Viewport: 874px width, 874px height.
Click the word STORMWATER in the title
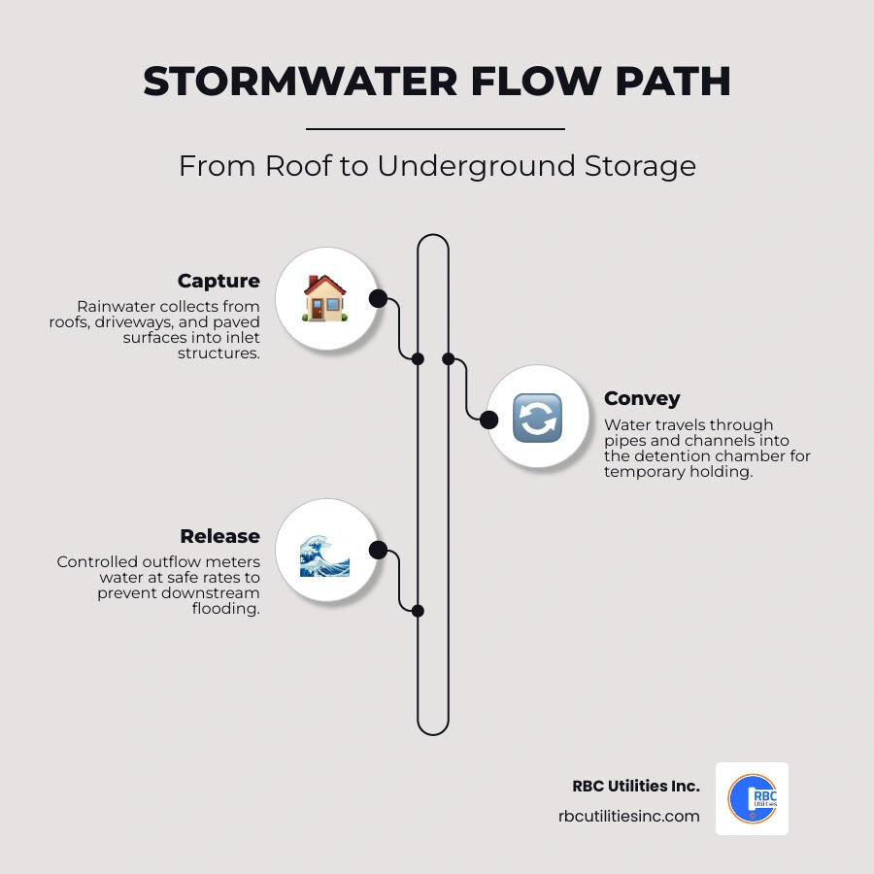pyautogui.click(x=301, y=82)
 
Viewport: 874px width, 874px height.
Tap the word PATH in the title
pyautogui.click(x=673, y=82)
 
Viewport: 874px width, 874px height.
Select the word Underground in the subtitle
pyautogui.click(x=476, y=167)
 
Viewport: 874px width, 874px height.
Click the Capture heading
pyautogui.click(x=218, y=281)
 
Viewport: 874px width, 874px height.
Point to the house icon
pyautogui.click(x=325, y=299)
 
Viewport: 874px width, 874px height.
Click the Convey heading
pyautogui.click(x=642, y=398)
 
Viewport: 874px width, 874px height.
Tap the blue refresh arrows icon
pyautogui.click(x=537, y=418)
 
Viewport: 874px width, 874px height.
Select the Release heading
pyautogui.click(x=219, y=536)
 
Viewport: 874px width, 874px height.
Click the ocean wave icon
pyautogui.click(x=324, y=555)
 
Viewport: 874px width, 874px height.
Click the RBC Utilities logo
pyautogui.click(x=752, y=799)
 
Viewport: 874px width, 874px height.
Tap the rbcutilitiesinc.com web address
pyautogui.click(x=628, y=816)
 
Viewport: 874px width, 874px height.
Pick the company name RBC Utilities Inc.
pyautogui.click(x=636, y=786)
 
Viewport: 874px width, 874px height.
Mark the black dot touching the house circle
pyautogui.click(x=378, y=299)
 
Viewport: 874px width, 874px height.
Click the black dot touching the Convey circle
pyautogui.click(x=488, y=420)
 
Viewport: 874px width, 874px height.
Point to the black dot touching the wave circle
pyautogui.click(x=378, y=551)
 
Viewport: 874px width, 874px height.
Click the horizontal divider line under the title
pyautogui.click(x=435, y=129)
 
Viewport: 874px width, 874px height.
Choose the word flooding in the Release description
pyautogui.click(x=225, y=609)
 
